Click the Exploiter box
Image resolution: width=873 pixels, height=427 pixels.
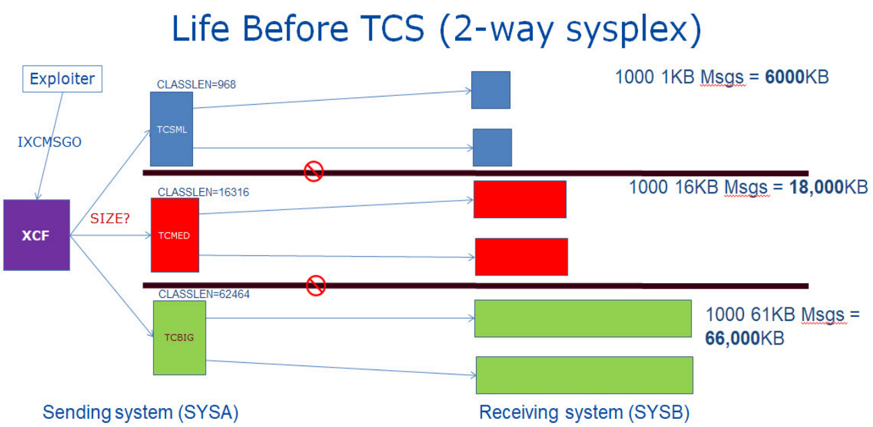point(62,79)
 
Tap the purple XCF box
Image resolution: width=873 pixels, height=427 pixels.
point(36,235)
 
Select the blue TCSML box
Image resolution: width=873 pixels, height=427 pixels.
point(171,129)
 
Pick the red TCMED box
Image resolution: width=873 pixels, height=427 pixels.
point(175,235)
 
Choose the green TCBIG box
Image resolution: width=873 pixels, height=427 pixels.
point(180,338)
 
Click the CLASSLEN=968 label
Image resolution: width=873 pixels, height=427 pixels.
point(196,84)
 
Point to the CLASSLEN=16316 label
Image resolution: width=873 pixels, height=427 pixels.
point(203,193)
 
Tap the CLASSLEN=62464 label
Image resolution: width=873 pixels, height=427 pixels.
point(204,294)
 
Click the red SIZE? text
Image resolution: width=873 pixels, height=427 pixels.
point(110,218)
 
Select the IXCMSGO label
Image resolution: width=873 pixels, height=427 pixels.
point(49,142)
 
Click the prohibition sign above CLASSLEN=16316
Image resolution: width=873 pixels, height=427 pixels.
point(314,171)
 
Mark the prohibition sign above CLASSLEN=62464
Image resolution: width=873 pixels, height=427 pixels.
point(316,285)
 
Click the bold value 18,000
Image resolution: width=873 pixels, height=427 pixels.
point(816,187)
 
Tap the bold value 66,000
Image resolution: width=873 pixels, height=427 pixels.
point(733,338)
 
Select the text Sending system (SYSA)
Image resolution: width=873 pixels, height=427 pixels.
point(140,412)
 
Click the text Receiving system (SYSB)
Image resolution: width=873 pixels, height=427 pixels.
point(584,412)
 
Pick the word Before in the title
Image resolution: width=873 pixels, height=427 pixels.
point(295,28)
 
